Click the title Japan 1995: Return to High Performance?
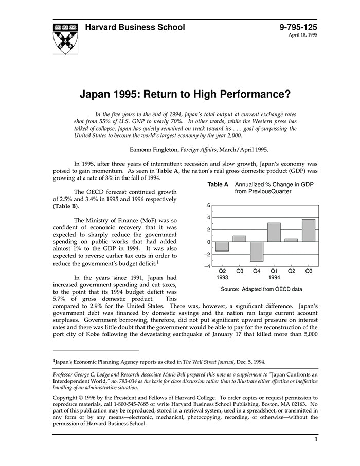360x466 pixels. tap(185, 95)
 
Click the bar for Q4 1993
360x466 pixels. tap(257, 251)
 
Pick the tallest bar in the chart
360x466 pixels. tap(309, 230)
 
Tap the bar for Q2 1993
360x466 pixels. tap(222, 246)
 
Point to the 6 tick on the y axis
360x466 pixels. tap(208, 205)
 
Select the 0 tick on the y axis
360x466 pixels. tap(208, 242)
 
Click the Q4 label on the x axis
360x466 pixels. tap(257, 271)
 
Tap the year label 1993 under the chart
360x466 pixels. tap(223, 277)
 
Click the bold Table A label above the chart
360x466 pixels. tap(218, 184)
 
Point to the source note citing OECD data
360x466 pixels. tap(261, 289)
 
